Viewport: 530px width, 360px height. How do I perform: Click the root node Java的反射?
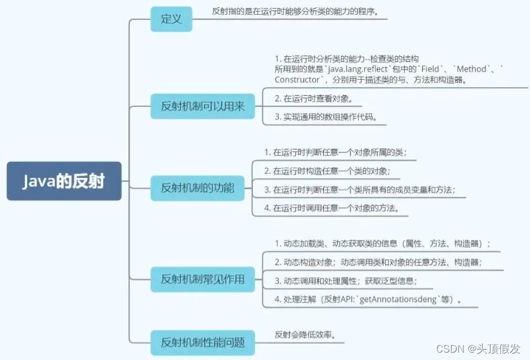pyautogui.click(x=64, y=182)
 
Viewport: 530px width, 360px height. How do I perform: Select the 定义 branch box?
pyautogui.click(x=172, y=19)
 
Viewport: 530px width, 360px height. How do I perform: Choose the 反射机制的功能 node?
pyautogui.click(x=198, y=188)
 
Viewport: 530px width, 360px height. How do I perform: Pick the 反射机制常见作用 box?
pyautogui.click(x=203, y=279)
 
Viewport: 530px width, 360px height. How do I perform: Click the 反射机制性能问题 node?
pyautogui.click(x=203, y=341)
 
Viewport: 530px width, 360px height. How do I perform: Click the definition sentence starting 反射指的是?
pyautogui.click(x=295, y=12)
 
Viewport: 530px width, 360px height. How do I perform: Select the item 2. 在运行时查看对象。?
pyautogui.click(x=318, y=98)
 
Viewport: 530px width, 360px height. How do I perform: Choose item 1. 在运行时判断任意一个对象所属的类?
pyautogui.click(x=336, y=153)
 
